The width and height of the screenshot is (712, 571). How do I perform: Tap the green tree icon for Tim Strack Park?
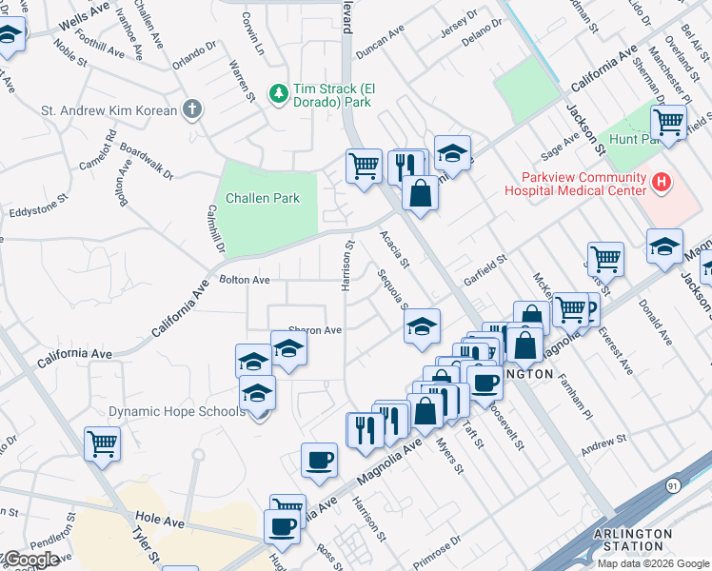pos(278,92)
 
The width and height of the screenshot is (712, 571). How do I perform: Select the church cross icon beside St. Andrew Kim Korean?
pos(192,109)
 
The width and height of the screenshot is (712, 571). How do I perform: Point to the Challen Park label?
pos(263,198)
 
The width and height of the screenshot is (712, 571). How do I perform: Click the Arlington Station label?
pos(626,540)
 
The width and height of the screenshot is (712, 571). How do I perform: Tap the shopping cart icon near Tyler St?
pos(102,443)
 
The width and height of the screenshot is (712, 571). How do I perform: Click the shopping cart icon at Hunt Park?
pos(668,122)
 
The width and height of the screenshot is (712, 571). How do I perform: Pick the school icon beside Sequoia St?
pos(422,327)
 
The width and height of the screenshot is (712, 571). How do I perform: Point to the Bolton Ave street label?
pos(245,280)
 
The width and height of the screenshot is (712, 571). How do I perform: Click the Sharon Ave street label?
pos(314,330)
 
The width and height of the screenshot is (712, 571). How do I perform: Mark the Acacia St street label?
pos(394,248)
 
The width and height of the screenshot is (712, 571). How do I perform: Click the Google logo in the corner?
pos(31,560)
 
